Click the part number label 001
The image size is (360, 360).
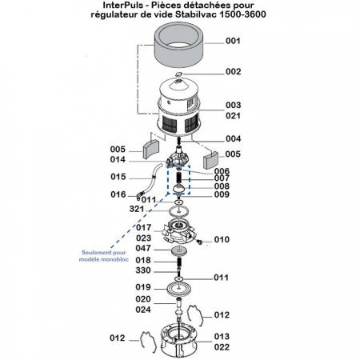pos(233,40)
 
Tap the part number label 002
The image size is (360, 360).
pos(233,72)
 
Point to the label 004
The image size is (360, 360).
pos(233,138)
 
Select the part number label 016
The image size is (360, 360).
pos(118,194)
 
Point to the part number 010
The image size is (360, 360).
pos(222,239)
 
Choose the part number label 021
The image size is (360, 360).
pos(233,115)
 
